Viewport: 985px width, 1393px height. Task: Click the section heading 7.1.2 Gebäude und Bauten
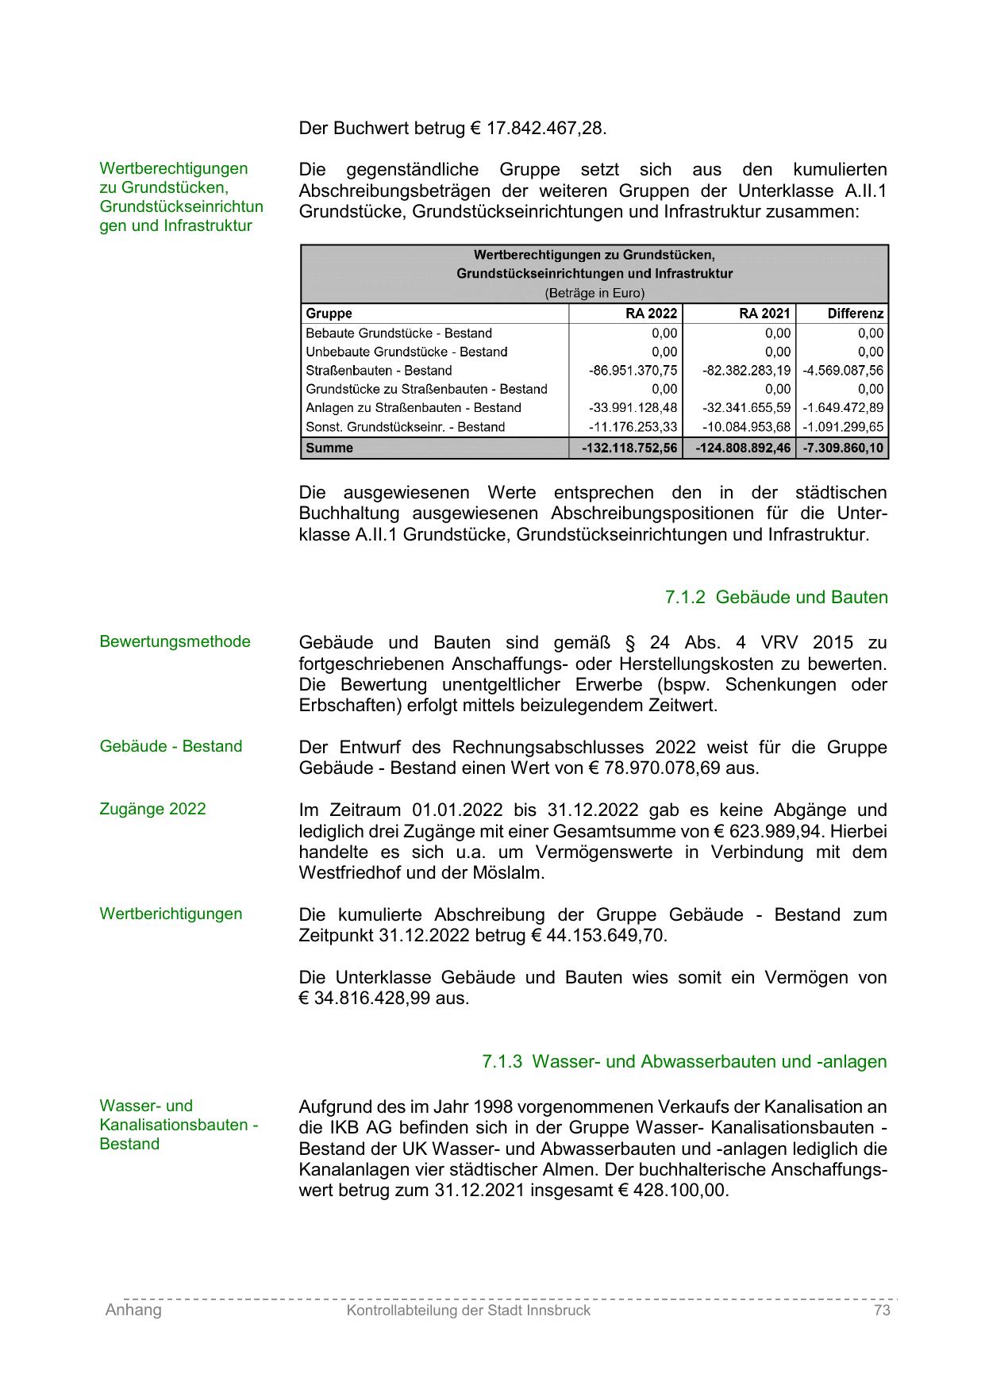pyautogui.click(x=776, y=597)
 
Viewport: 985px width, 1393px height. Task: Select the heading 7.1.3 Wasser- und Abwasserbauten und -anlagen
pyautogui.click(x=684, y=1061)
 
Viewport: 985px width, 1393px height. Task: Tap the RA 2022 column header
pyautogui.click(x=651, y=314)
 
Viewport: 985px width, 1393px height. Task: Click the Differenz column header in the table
pyautogui.click(x=855, y=314)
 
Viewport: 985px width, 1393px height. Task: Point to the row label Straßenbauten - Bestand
pyautogui.click(x=379, y=371)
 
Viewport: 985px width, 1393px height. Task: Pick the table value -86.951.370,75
pyautogui.click(x=633, y=371)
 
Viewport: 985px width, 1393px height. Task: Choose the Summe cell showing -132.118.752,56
pyautogui.click(x=629, y=448)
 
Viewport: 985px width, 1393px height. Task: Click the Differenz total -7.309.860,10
pyautogui.click(x=843, y=448)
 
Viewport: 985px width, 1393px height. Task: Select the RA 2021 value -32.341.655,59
pyautogui.click(x=746, y=408)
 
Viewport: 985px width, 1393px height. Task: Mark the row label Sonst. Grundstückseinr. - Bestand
pyautogui.click(x=405, y=427)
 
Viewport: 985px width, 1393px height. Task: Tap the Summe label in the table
pyautogui.click(x=329, y=448)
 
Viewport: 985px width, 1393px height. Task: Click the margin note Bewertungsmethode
pyautogui.click(x=175, y=641)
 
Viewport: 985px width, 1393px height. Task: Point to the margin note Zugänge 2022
pyautogui.click(x=152, y=809)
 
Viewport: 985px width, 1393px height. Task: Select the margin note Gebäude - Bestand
pyautogui.click(x=171, y=746)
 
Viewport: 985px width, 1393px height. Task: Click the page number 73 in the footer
pyautogui.click(x=881, y=1310)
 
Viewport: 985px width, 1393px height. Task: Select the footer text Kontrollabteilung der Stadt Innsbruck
pyautogui.click(x=468, y=1310)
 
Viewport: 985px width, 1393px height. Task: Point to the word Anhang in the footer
pyautogui.click(x=133, y=1310)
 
